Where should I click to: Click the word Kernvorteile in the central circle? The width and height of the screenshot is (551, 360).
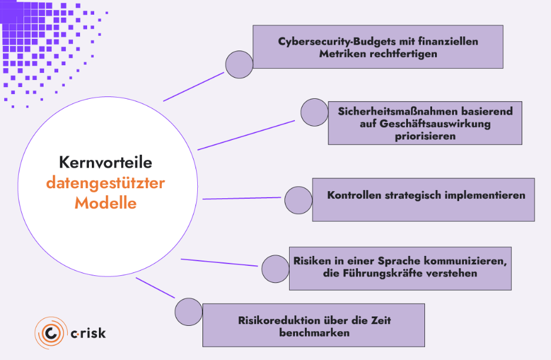coord(105,162)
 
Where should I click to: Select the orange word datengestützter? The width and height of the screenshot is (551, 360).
coord(105,183)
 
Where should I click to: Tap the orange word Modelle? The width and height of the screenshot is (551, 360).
coord(105,204)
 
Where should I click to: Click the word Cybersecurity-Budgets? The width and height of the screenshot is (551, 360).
coord(328,42)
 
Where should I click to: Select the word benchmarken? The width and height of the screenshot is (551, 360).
coord(314,332)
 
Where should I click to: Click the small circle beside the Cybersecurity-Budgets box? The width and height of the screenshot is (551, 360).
coord(239,64)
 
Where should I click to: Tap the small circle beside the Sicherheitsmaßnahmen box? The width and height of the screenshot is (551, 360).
coord(314,112)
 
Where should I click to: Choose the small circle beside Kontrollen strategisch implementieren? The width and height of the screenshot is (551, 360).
coord(298,201)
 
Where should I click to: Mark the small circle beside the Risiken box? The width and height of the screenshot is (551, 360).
coord(275,269)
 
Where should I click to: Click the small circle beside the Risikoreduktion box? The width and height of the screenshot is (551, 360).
coord(188,312)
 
